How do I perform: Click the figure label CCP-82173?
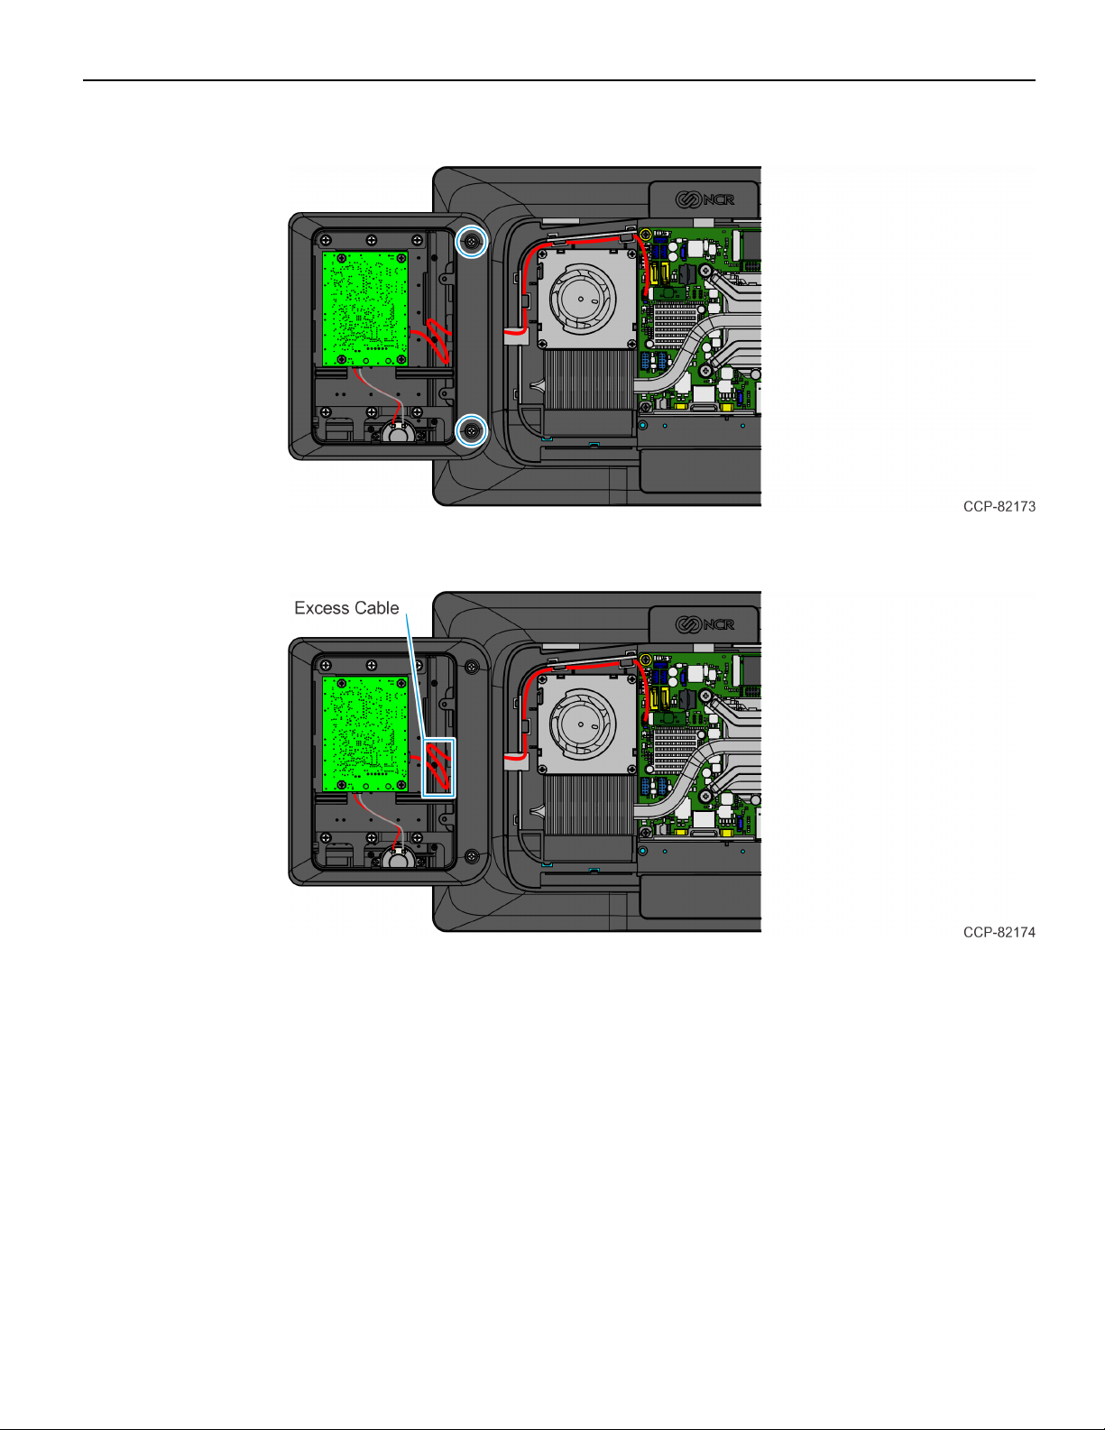tap(999, 507)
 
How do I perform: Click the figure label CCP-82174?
tap(999, 933)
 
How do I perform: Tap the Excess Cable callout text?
tap(346, 608)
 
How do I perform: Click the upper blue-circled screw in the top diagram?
tap(471, 241)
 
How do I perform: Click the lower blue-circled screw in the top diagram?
tap(471, 431)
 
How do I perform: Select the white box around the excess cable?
tap(439, 768)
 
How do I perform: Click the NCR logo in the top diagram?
tap(705, 199)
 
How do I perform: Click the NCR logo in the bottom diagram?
tap(705, 624)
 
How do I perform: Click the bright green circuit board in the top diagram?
tap(364, 308)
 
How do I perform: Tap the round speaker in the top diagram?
tap(397, 433)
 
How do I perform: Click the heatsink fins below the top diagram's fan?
tap(588, 379)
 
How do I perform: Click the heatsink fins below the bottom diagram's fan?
tap(588, 805)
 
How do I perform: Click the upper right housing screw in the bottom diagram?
tap(471, 667)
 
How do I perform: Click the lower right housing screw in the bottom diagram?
tap(471, 856)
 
